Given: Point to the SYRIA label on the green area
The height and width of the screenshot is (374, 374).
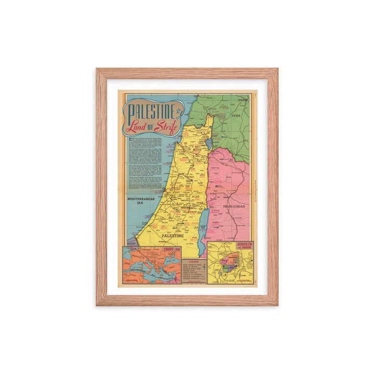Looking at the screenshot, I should tap(236, 116).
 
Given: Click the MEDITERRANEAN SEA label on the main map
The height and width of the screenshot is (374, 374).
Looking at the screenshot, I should tap(137, 201).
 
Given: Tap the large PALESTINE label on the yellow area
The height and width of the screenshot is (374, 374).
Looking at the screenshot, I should tap(173, 235).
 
